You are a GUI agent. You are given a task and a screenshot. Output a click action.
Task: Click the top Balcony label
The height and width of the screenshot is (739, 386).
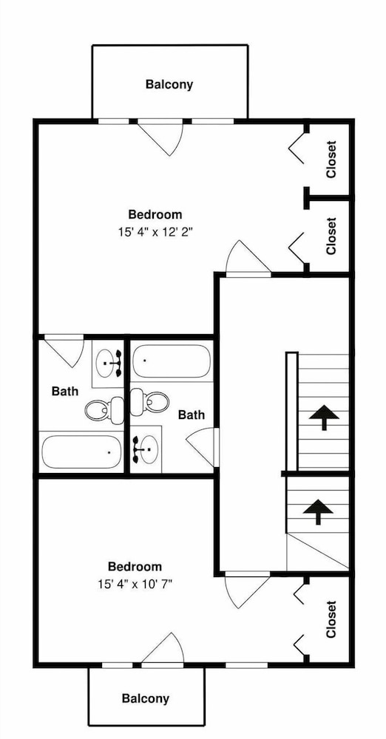(x=169, y=85)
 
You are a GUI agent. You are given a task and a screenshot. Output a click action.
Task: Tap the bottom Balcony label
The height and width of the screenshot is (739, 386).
(x=146, y=698)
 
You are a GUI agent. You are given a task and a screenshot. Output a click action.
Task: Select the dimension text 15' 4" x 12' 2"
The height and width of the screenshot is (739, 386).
(x=156, y=232)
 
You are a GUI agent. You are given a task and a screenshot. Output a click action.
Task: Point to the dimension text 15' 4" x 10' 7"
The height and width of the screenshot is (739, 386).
(x=135, y=585)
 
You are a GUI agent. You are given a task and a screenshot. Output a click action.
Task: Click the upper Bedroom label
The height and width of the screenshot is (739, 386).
(x=155, y=214)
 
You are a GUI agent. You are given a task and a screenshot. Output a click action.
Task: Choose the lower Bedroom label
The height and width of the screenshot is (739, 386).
(x=135, y=567)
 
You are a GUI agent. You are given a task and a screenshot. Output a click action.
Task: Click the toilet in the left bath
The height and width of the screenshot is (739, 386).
(x=104, y=409)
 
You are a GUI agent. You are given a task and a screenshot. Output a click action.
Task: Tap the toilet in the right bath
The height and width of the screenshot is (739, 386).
(x=149, y=402)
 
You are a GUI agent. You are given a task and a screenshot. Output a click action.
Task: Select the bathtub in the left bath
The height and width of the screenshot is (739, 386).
(x=81, y=452)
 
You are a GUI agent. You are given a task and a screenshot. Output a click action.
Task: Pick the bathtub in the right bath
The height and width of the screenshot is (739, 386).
(x=170, y=361)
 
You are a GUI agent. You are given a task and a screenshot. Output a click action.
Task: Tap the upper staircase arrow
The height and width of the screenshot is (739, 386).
(x=324, y=417)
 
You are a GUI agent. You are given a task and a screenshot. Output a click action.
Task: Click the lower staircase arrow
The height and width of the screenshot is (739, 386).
(x=318, y=512)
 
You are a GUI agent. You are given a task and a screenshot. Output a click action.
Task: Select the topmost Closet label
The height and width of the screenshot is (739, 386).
(x=331, y=160)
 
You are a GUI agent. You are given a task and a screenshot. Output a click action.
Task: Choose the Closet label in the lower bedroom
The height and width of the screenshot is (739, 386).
(x=331, y=619)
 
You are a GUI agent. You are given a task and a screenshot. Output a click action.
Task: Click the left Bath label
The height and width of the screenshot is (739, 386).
(x=65, y=391)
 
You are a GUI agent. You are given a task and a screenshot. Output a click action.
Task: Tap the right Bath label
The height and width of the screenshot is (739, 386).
(x=192, y=415)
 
